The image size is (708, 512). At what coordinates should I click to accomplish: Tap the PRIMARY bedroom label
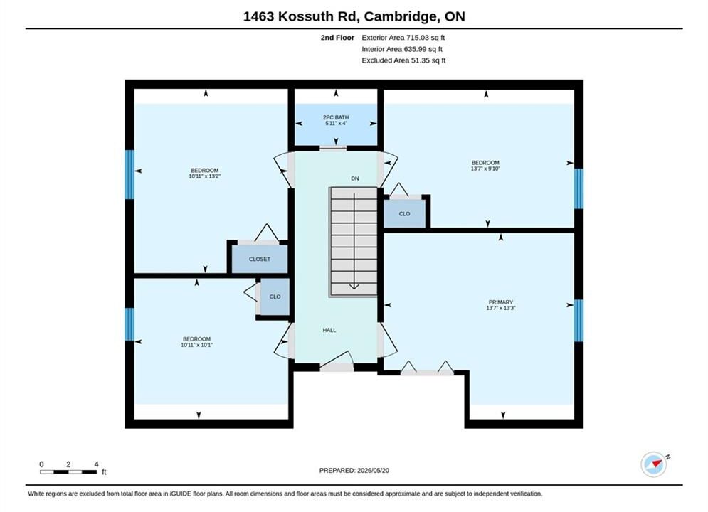(x=501, y=302)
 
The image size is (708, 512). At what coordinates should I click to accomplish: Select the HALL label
(x=329, y=330)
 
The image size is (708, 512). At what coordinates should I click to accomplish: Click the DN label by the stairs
(x=355, y=178)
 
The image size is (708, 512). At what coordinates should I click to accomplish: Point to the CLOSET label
(x=260, y=260)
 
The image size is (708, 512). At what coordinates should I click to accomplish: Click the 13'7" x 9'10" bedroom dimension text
(x=485, y=169)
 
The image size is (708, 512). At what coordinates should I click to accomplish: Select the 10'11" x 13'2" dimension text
(x=204, y=176)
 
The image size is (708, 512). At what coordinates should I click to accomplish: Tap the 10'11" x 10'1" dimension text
(x=197, y=345)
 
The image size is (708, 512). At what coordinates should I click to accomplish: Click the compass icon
(x=654, y=464)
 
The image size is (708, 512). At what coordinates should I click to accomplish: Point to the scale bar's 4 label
(x=96, y=464)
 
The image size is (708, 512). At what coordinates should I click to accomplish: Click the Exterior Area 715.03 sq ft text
(x=403, y=38)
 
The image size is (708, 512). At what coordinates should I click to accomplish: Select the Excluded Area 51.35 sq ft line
(x=403, y=60)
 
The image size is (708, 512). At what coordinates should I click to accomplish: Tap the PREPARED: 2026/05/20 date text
(x=354, y=471)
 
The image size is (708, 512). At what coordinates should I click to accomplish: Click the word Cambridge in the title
(x=401, y=16)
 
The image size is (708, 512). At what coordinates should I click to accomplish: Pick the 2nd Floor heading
(x=337, y=38)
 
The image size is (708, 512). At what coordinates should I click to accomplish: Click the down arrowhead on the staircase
(x=354, y=286)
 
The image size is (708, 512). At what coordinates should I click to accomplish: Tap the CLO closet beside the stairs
(x=404, y=214)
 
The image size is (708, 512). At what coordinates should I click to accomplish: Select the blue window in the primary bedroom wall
(x=578, y=320)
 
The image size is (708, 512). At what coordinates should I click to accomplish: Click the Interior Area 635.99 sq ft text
(x=402, y=49)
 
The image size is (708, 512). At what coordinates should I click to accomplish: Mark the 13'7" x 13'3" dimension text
(x=501, y=308)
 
